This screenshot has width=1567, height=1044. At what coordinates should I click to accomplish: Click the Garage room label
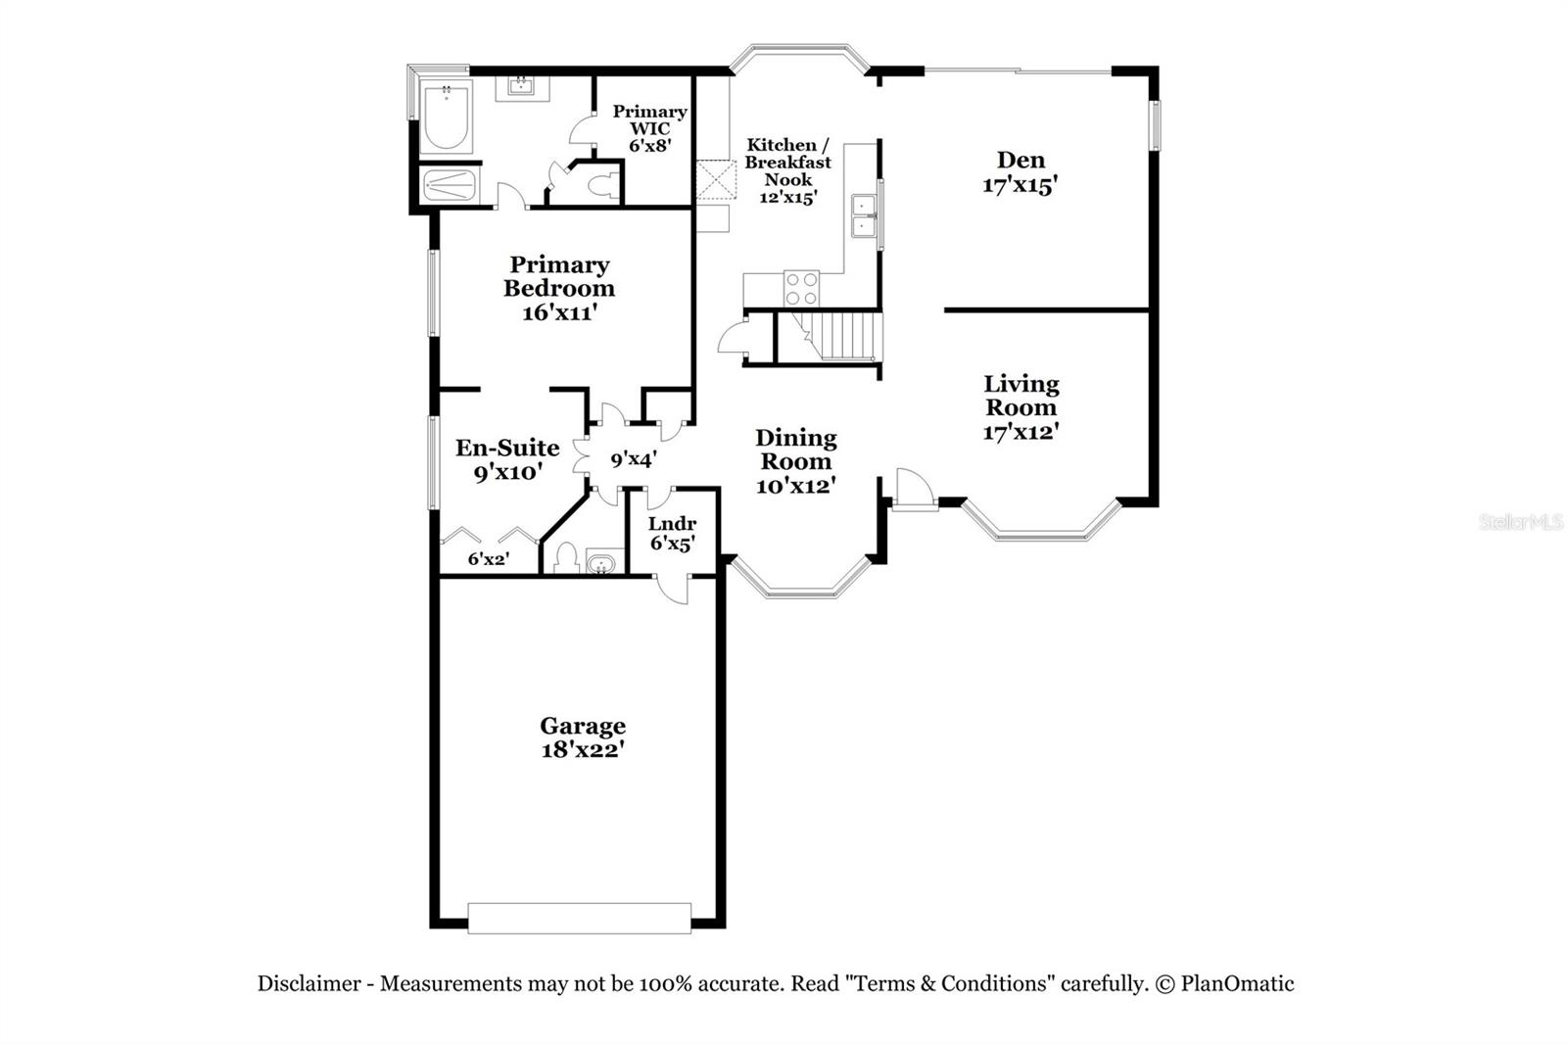(582, 726)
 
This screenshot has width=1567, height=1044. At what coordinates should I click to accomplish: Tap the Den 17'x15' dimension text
(1020, 185)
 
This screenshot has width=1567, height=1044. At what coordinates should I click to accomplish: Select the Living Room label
(1021, 396)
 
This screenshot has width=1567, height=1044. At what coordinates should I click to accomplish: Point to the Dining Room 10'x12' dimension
(794, 485)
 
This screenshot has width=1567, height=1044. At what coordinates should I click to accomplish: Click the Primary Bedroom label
(559, 276)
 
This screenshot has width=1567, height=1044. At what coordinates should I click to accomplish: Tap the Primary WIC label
(649, 119)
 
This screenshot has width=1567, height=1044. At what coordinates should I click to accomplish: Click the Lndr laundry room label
(672, 524)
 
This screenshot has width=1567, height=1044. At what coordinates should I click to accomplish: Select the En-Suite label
(507, 448)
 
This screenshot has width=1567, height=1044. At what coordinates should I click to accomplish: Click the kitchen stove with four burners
(801, 288)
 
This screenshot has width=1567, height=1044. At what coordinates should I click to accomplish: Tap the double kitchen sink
(863, 215)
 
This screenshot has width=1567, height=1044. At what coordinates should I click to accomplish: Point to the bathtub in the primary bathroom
(446, 119)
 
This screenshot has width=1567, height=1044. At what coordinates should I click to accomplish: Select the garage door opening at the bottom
(579, 918)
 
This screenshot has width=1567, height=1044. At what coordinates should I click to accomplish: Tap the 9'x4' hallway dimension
(633, 458)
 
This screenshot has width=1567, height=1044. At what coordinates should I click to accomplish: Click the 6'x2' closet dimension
(488, 559)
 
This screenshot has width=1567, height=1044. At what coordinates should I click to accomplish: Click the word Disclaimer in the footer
(309, 983)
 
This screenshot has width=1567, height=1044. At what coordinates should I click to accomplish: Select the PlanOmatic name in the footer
(1237, 983)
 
